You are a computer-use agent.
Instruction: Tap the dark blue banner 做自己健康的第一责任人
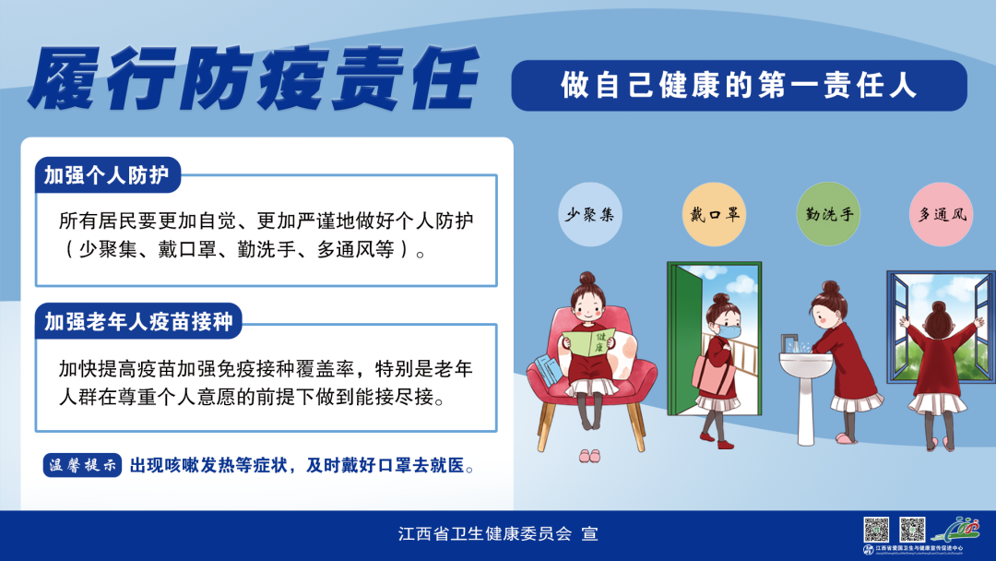pyautogui.click(x=739, y=86)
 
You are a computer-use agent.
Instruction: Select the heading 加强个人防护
pyautogui.click(x=107, y=175)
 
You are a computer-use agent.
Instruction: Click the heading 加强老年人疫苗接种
pyautogui.click(x=138, y=321)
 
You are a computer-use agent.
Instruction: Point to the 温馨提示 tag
pyautogui.click(x=83, y=465)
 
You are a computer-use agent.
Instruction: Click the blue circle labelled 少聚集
pyautogui.click(x=589, y=215)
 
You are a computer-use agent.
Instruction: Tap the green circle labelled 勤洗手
pyautogui.click(x=826, y=215)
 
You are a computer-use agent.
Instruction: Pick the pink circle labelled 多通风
pyautogui.click(x=941, y=215)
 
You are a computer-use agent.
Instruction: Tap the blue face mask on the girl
pyautogui.click(x=729, y=329)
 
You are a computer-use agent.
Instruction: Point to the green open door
pyautogui.click(x=682, y=341)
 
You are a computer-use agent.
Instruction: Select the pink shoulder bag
pyautogui.click(x=708, y=368)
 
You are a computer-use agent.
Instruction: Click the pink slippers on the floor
pyautogui.click(x=589, y=456)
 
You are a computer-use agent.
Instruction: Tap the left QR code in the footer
pyautogui.click(x=876, y=530)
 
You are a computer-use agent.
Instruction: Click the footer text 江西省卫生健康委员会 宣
pyautogui.click(x=498, y=534)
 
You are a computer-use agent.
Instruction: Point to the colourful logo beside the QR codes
pyautogui.click(x=955, y=530)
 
